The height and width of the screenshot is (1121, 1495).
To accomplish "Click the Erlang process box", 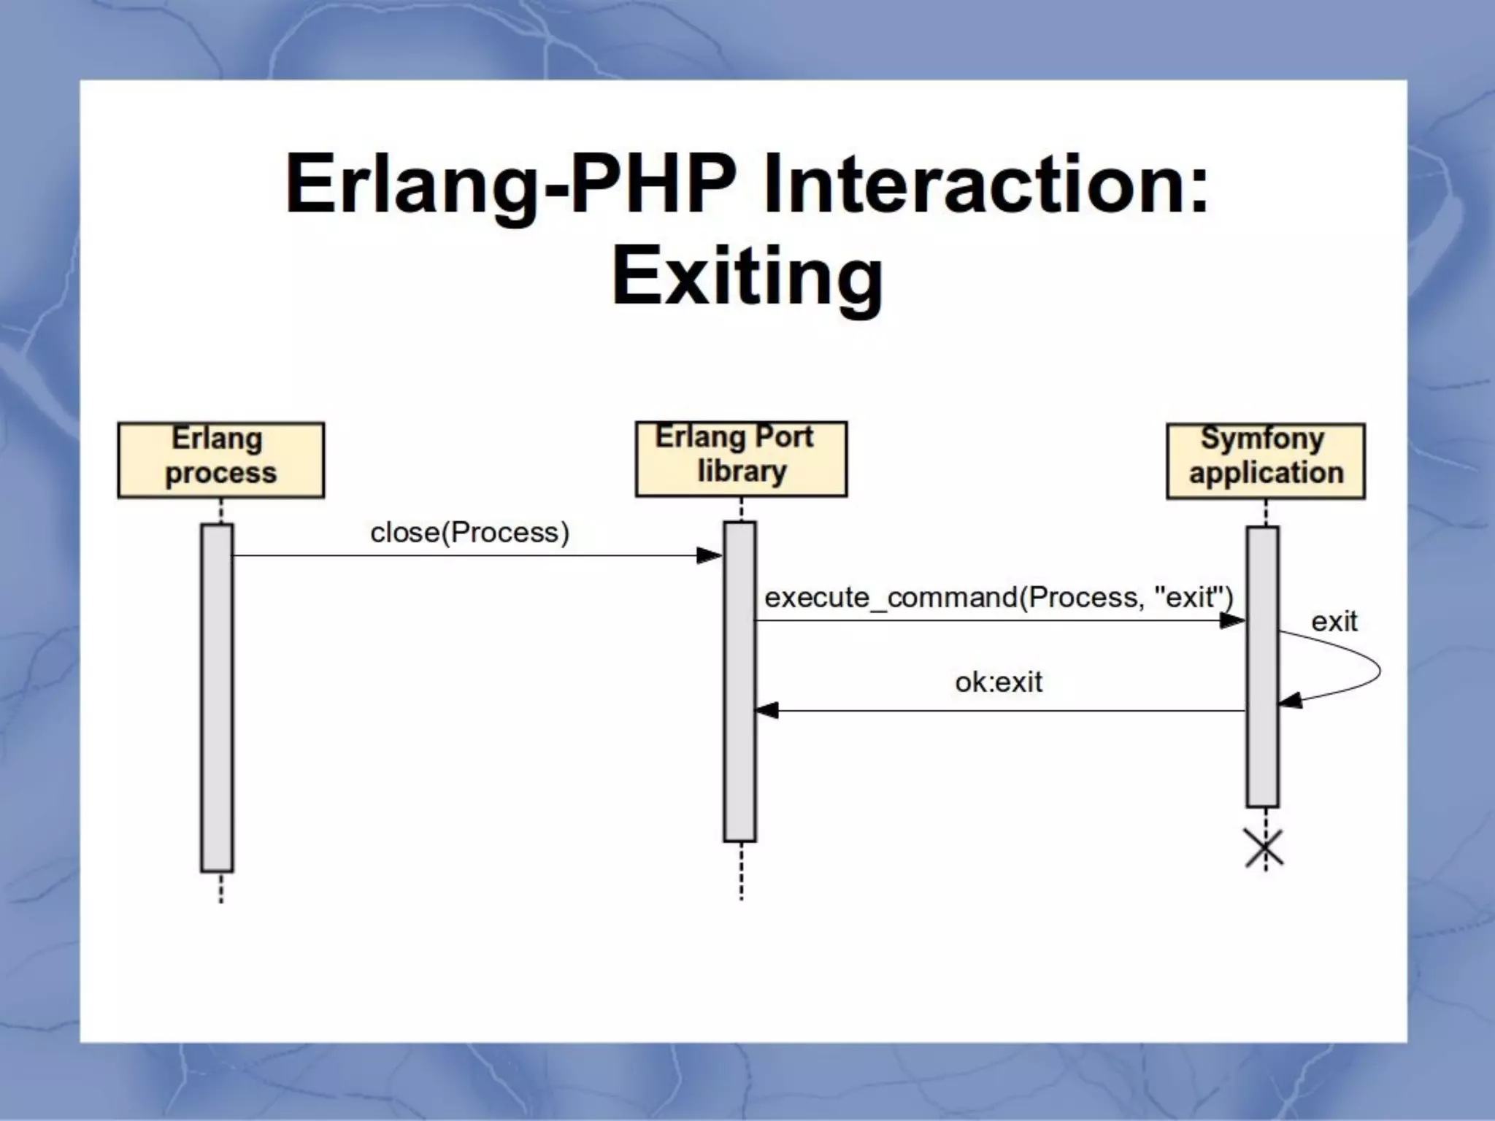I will point(220,460).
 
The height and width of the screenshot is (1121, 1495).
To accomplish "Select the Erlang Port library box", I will point(741,458).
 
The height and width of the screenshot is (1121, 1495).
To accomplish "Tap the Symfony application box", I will point(1265,461).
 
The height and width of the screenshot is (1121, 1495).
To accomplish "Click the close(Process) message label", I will point(469,533).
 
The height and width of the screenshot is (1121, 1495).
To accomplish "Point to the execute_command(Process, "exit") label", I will point(998,598).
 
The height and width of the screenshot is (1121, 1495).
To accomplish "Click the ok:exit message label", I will point(998,682).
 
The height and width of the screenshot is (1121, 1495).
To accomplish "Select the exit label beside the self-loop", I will point(1334,622).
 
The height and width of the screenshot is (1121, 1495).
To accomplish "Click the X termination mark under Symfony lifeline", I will point(1264,849).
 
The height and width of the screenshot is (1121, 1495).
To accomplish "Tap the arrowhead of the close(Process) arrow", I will point(709,556).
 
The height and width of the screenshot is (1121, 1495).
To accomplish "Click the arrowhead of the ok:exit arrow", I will point(766,710).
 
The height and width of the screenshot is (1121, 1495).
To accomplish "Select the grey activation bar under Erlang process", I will point(217,697).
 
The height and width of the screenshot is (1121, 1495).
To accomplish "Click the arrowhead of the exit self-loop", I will point(1291,701).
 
